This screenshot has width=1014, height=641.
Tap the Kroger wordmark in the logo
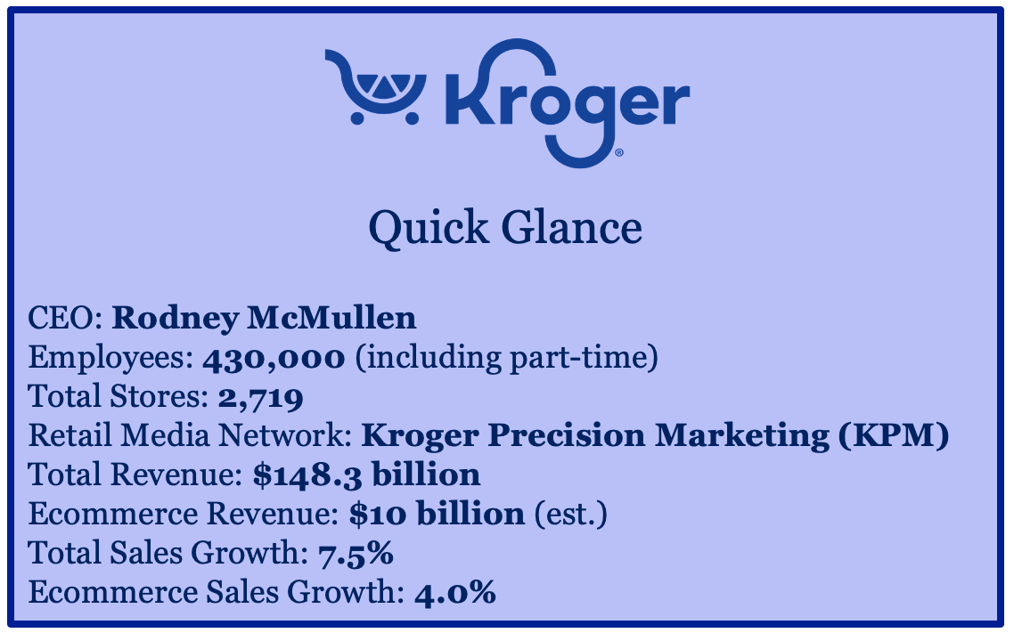[568, 103]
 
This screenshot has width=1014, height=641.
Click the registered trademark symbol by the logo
[619, 153]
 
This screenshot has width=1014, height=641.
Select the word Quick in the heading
[429, 228]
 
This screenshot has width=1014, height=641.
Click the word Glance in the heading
[572, 227]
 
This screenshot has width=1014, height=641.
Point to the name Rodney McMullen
[264, 318]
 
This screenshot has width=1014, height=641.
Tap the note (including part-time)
[506, 357]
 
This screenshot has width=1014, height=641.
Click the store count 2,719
[260, 397]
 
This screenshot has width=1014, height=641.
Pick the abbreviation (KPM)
[894, 434]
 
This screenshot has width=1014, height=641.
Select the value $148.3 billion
[367, 475]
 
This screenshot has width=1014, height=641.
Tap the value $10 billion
[437, 514]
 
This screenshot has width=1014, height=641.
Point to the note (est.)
[571, 515]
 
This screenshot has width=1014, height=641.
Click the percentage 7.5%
[356, 554]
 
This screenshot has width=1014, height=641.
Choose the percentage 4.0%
[455, 593]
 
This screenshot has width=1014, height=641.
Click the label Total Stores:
[119, 396]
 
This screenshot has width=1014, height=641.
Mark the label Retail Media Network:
[190, 434]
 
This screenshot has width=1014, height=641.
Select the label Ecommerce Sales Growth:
[217, 592]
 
